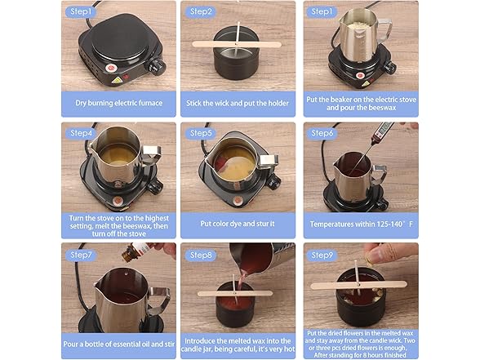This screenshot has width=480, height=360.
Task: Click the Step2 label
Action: point(201,11)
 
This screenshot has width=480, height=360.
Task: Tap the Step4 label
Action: point(81,133)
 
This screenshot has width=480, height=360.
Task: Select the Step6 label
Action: point(322,133)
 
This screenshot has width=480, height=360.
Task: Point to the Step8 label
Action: point(201,255)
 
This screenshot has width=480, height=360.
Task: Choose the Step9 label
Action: point(322,255)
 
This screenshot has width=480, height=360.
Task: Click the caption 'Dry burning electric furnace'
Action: point(119,103)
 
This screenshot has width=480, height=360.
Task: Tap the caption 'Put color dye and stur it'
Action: point(238,224)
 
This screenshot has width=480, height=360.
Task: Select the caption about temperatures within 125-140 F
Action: point(361,224)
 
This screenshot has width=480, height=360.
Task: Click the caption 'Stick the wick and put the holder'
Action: point(238,103)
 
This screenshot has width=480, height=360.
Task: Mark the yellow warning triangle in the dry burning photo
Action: point(116,80)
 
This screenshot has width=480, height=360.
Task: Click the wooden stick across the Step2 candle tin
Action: point(237,44)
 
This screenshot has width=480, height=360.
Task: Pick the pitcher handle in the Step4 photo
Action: point(152,155)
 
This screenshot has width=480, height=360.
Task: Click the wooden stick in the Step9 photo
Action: point(359,285)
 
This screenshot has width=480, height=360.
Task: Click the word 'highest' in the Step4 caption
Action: point(157,218)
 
